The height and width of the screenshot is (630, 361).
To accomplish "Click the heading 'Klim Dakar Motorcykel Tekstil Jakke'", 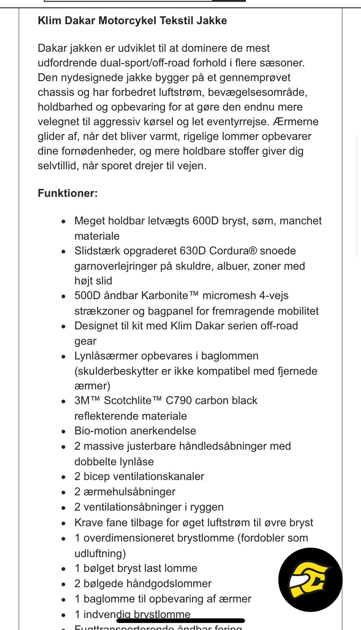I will pyautogui.click(x=132, y=20).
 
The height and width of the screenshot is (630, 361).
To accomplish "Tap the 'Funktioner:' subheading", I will pyautogui.click(x=67, y=193).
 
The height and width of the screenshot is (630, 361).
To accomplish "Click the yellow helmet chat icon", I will pyautogui.click(x=310, y=580).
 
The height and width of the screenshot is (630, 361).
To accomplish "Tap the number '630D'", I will pyautogui.click(x=193, y=251).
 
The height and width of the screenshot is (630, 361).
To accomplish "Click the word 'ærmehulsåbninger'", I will pyautogui.click(x=129, y=492).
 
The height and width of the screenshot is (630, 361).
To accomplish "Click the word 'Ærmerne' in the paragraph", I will pyautogui.click(x=296, y=122).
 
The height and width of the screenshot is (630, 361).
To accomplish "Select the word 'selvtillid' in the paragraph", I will pyautogui.click(x=58, y=166).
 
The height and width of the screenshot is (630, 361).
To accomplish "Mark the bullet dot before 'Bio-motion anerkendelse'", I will pyautogui.click(x=64, y=432).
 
